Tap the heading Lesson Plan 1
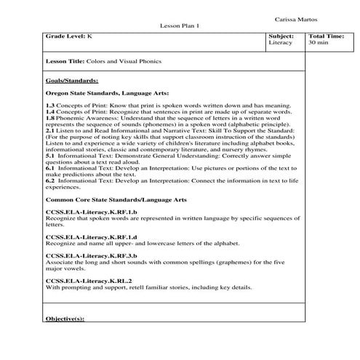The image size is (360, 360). coord(180,26)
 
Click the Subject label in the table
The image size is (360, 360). coord(281,36)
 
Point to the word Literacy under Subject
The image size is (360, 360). coord(280,43)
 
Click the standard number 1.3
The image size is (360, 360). coord(49,106)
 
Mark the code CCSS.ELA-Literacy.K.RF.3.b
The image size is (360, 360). coord(87,256)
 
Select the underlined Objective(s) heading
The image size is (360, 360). coord(65,319)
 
